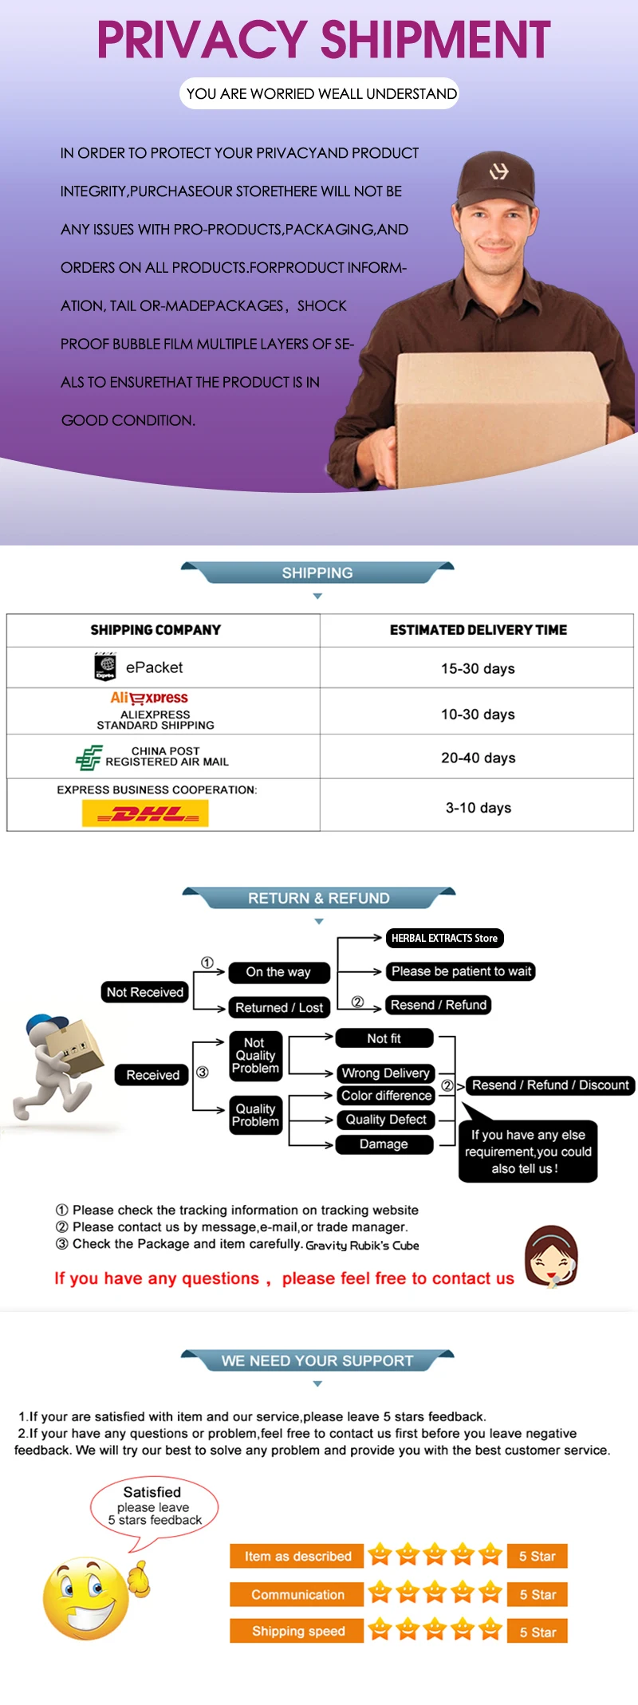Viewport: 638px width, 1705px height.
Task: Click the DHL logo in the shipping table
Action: [145, 813]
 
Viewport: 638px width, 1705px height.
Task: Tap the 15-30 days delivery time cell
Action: [478, 668]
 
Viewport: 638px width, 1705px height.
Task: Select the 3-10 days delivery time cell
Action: [478, 808]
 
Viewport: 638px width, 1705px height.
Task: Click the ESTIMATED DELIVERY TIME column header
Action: [478, 630]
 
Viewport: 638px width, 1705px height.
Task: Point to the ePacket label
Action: [154, 667]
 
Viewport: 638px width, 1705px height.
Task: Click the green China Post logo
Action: [89, 757]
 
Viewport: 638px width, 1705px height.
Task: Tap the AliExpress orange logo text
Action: [149, 698]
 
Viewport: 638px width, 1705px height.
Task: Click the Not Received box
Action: [145, 992]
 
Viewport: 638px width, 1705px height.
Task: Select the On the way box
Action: [278, 972]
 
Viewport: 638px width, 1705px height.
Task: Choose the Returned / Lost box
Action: [279, 1007]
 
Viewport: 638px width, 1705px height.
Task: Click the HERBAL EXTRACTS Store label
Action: [444, 938]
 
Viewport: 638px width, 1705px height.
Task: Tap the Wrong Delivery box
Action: [385, 1073]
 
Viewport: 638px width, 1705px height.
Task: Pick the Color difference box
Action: [386, 1096]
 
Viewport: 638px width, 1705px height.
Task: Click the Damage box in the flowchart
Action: [384, 1144]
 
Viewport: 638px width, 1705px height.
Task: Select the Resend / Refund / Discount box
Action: [550, 1085]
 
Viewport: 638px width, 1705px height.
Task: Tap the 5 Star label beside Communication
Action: [538, 1594]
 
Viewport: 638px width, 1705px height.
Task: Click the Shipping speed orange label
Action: [297, 1631]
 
